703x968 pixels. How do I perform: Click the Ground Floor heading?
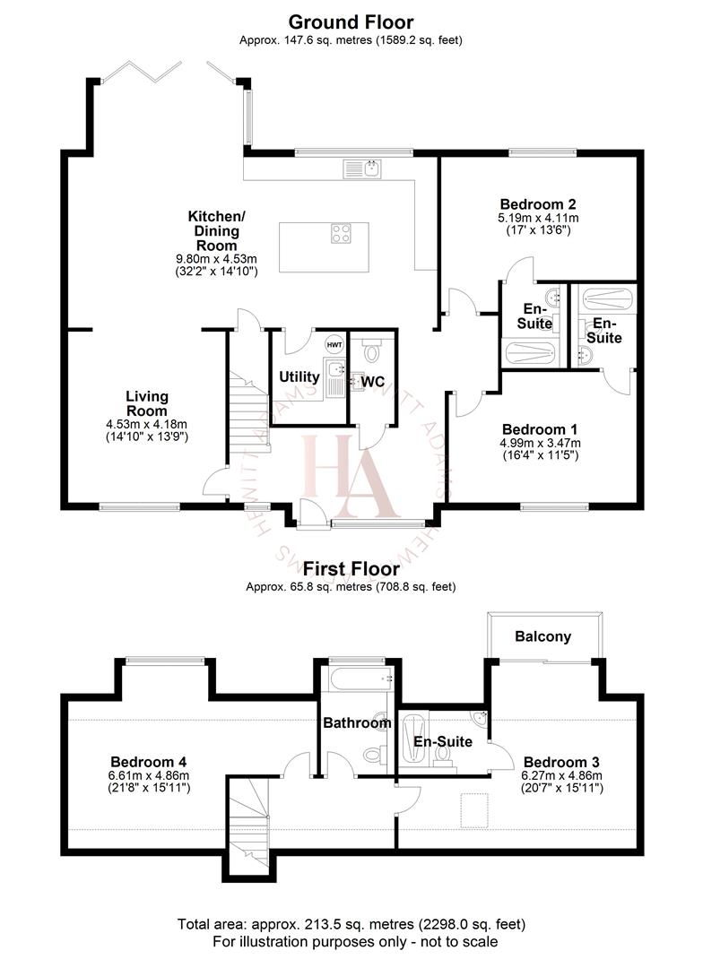pos(351,22)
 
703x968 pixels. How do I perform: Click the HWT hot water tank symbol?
pos(334,345)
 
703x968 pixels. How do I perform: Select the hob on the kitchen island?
pos(342,233)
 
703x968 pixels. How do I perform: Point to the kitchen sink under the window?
pos(362,168)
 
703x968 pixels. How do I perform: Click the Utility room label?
pos(299,377)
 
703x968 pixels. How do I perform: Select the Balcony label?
pos(542,637)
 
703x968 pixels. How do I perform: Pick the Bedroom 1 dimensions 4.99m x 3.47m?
pos(540,443)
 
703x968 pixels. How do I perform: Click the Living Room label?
pos(147,403)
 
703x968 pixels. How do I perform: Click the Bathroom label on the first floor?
pos(357,722)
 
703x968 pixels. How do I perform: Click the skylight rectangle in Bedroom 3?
pos(475,810)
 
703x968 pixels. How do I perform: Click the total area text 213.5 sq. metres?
pos(351,924)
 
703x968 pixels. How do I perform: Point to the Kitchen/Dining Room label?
pos(216,231)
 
